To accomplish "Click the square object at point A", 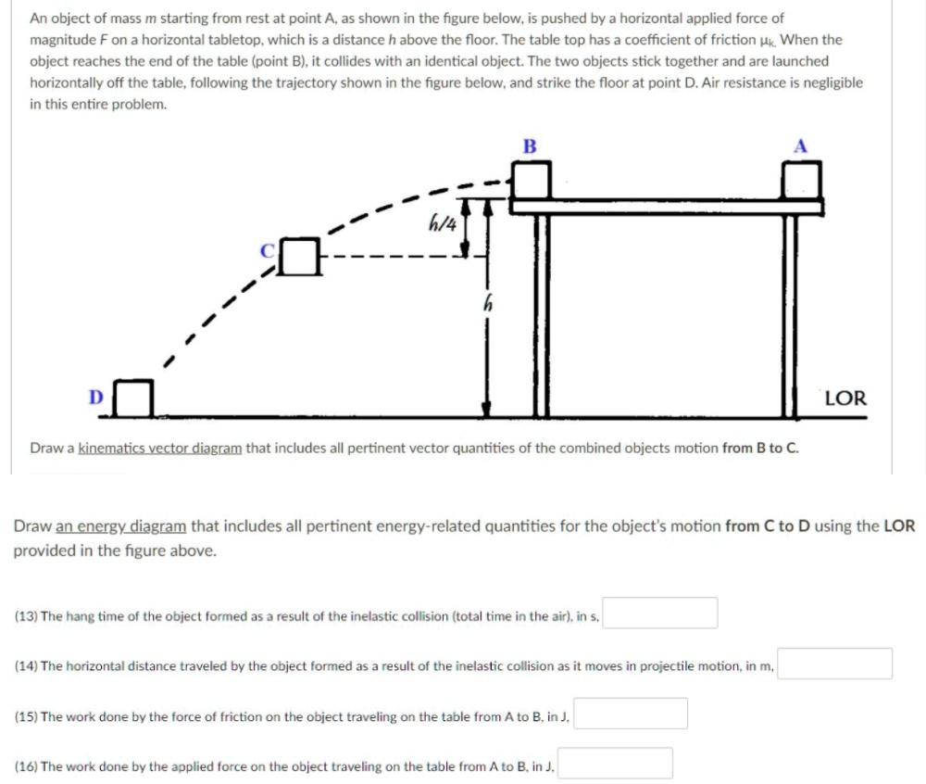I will (x=801, y=180).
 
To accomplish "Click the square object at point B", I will (x=532, y=178).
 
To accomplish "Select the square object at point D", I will (x=135, y=398).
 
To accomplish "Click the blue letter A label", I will (x=800, y=145).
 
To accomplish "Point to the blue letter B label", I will (x=529, y=145).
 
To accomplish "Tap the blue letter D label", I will (x=95, y=398).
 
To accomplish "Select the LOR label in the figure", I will (x=845, y=398).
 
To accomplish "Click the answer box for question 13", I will (x=660, y=613).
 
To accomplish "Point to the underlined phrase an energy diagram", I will (x=121, y=526).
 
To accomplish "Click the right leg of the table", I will (x=791, y=315).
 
